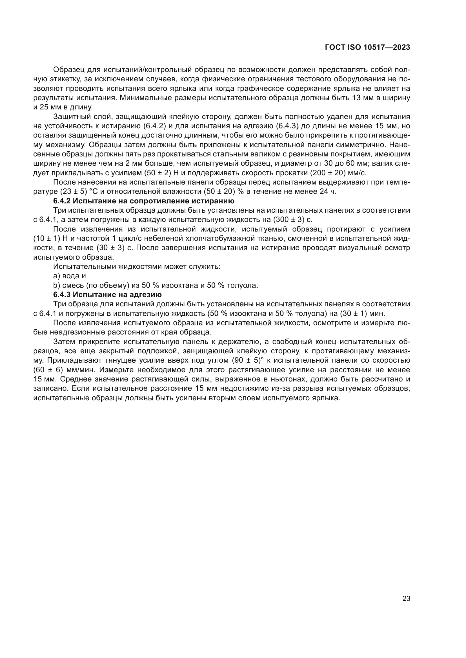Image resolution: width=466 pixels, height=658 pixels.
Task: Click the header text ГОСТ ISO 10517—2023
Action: (367, 48)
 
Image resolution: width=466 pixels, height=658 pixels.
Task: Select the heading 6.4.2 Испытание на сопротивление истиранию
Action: (144, 201)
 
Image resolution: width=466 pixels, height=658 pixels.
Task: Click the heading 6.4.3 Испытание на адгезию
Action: (107, 295)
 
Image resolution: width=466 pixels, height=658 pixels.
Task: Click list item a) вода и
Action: (70, 276)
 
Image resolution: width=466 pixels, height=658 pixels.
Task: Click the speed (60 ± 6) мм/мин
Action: (64, 370)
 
